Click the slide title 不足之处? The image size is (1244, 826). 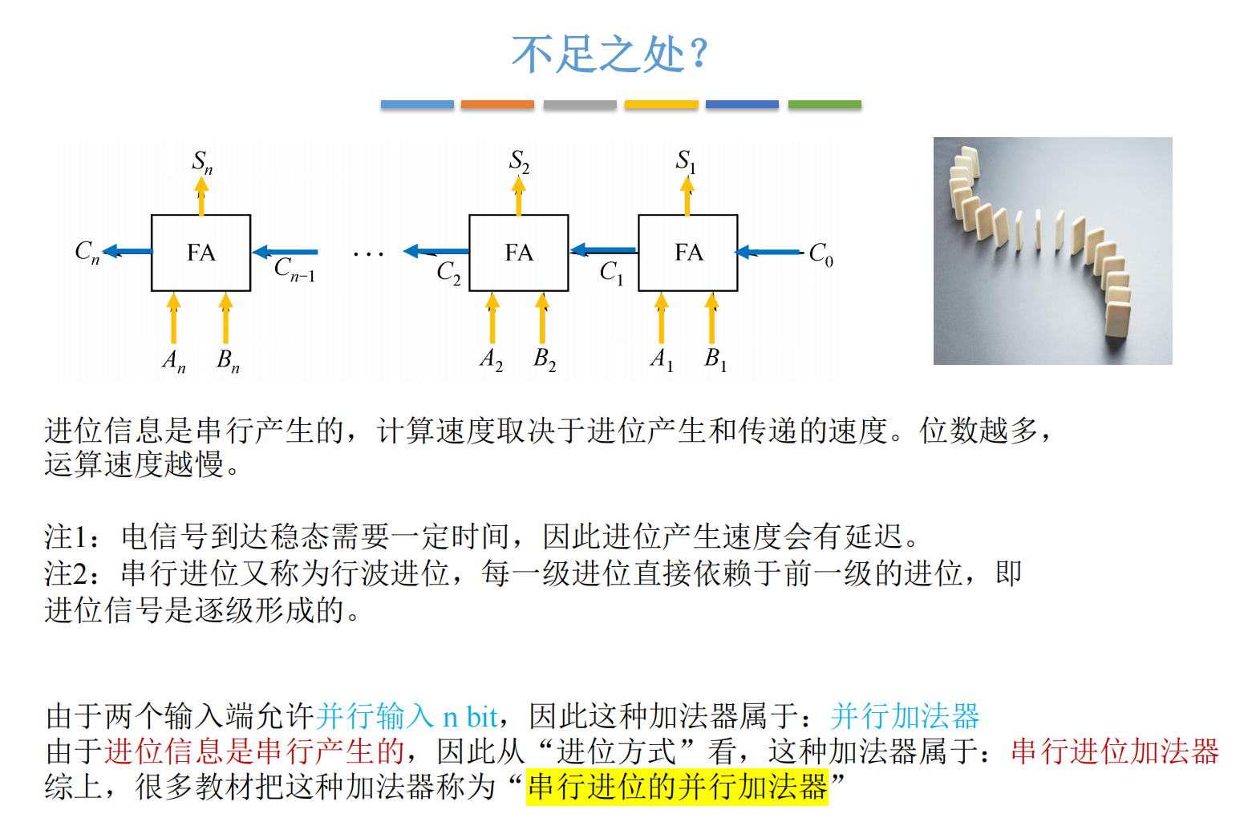coord(610,55)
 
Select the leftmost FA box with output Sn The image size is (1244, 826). coord(201,253)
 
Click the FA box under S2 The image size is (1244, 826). coord(518,253)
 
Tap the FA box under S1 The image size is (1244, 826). coord(687,253)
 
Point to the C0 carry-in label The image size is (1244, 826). coord(821,254)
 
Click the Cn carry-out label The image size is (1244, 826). coord(87,252)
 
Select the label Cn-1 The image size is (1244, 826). coord(294,269)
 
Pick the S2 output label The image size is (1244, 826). coord(519,161)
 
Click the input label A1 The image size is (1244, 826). coord(661,358)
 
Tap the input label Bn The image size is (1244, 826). coord(228,360)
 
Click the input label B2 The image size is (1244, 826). coord(545,358)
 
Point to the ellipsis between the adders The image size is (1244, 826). coord(368,254)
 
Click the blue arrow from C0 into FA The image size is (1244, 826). coord(768,253)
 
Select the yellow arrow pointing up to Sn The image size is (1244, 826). coord(201,196)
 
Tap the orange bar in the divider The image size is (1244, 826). coord(497,104)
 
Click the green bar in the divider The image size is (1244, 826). coord(825,104)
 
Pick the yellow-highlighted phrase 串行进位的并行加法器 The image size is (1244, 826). coord(677,787)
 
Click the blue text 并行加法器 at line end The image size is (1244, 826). coord(905,715)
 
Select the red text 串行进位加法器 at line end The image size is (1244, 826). coord(1114,751)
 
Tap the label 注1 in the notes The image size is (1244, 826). coord(70,536)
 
